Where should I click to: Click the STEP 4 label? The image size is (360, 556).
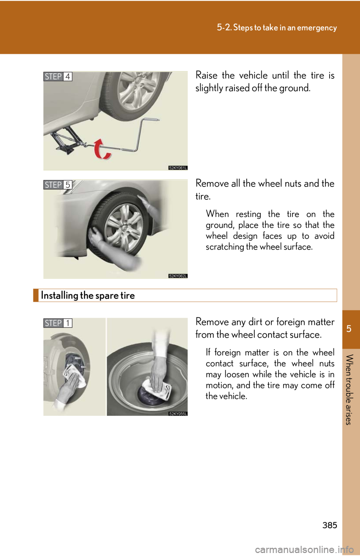(57, 76)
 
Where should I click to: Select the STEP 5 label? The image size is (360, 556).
(57, 185)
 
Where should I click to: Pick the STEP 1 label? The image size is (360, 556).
(57, 323)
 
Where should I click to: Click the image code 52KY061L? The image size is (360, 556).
(178, 168)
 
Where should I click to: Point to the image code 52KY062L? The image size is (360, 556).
(178, 276)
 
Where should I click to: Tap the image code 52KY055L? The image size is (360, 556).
(178, 414)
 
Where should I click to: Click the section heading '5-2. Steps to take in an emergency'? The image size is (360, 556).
(277, 28)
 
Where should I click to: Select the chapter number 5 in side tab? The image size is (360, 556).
(349, 329)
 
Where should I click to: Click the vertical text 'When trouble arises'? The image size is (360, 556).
(349, 390)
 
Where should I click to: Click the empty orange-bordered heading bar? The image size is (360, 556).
(185, 295)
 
